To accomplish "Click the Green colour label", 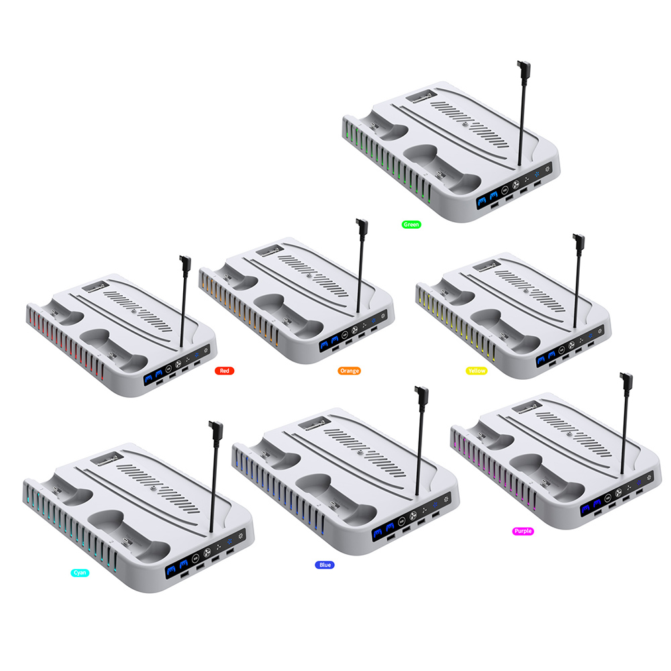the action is tap(411, 224).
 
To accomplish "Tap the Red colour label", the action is tap(224, 370).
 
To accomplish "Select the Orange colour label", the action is tap(349, 370).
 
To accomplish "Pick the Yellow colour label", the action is tap(476, 370).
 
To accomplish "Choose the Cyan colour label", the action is tap(80, 572).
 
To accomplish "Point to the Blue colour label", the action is tap(325, 565).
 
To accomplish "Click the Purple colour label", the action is tap(523, 531).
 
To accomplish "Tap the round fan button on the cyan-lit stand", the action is tap(207, 553).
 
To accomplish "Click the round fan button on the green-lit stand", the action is tap(515, 185).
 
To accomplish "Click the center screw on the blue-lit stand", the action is tap(360, 452).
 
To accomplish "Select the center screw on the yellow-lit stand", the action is tap(525, 291).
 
